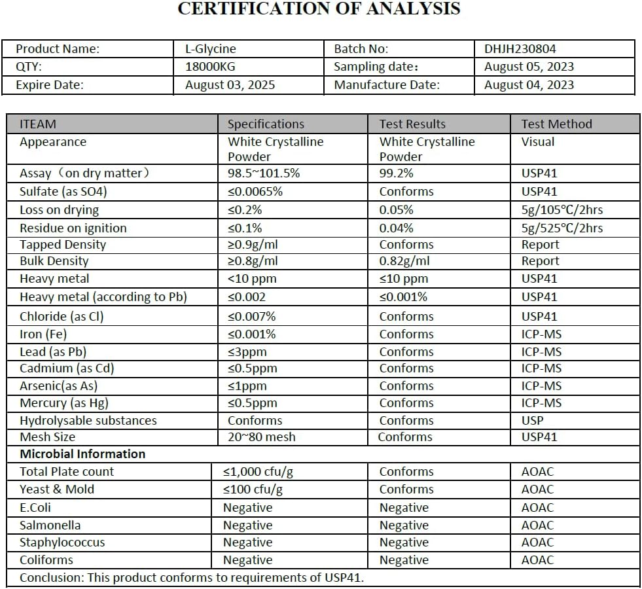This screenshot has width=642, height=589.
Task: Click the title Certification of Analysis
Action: (x=319, y=9)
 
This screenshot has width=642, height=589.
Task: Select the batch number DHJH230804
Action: (x=520, y=48)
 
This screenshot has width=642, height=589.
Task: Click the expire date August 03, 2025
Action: (x=230, y=84)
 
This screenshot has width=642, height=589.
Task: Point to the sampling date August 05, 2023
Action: (x=529, y=67)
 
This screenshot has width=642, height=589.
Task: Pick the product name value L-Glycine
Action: (x=211, y=48)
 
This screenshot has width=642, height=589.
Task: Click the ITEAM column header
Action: (x=38, y=124)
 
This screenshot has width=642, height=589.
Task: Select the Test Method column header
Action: (x=556, y=124)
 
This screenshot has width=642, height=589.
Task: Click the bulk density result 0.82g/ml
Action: (x=404, y=261)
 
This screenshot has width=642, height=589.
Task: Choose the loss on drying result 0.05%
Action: (x=397, y=210)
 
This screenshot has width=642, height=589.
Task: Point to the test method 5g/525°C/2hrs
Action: (x=562, y=228)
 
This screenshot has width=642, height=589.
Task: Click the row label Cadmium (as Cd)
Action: (x=67, y=368)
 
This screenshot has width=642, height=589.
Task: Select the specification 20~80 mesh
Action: (x=261, y=437)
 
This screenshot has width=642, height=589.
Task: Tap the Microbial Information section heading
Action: (x=82, y=454)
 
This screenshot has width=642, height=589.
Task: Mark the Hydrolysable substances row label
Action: (x=88, y=420)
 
